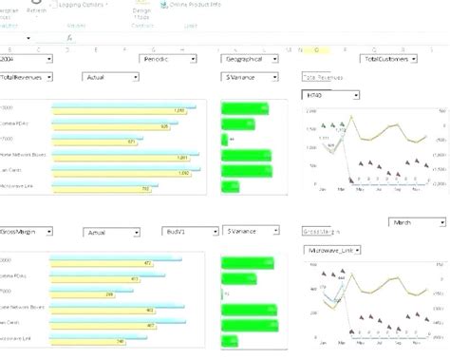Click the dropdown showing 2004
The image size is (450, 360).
pyautogui.click(x=26, y=59)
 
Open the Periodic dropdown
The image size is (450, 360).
pyautogui.click(x=165, y=59)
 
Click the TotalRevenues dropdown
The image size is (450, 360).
pyautogui.click(x=26, y=75)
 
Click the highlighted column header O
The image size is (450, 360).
pyautogui.click(x=315, y=48)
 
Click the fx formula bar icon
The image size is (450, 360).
pyautogui.click(x=69, y=37)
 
